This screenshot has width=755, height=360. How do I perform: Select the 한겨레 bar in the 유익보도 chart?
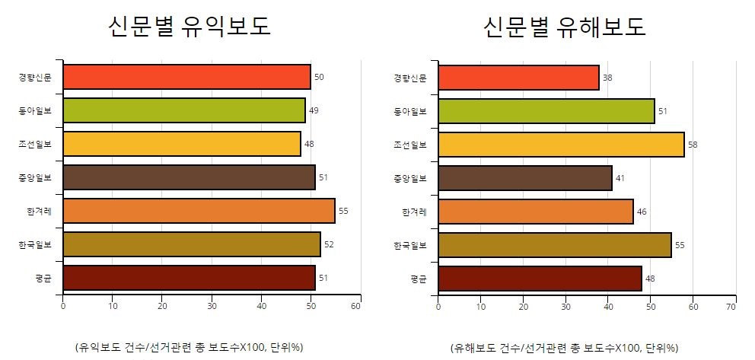199,211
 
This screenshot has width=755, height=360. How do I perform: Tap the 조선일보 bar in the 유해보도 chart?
561,145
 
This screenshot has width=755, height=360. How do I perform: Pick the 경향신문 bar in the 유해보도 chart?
518,78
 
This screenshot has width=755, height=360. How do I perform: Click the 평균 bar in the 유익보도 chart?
189,278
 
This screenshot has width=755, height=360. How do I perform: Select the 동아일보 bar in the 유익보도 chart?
184,110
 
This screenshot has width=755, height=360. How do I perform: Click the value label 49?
314,110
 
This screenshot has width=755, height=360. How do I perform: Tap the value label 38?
607,78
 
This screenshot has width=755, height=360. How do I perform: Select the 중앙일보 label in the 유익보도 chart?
39,178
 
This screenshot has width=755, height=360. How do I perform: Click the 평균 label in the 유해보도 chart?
418,279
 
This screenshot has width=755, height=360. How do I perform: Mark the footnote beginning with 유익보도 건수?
189,347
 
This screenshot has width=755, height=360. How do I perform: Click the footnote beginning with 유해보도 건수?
564,347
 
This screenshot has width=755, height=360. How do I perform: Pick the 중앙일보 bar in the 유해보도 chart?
525,178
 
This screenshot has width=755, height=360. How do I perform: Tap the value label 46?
642,212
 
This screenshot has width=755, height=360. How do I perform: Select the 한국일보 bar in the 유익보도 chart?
192,244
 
